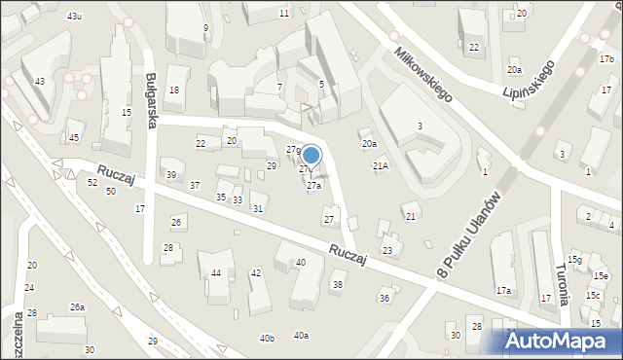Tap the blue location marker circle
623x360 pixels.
click(311, 155)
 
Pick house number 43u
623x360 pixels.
click(75, 17)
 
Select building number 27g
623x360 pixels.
click(293, 149)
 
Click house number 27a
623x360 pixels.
click(314, 186)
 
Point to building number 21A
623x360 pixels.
click(381, 165)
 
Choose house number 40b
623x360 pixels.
click(267, 338)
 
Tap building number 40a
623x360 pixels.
click(301, 336)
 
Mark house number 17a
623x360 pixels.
click(503, 290)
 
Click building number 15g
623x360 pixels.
click(575, 260)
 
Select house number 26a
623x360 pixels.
click(77, 307)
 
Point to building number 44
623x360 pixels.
click(216, 272)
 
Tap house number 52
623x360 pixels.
click(92, 182)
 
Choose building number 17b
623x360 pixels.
click(606, 59)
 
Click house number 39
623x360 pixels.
click(171, 174)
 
